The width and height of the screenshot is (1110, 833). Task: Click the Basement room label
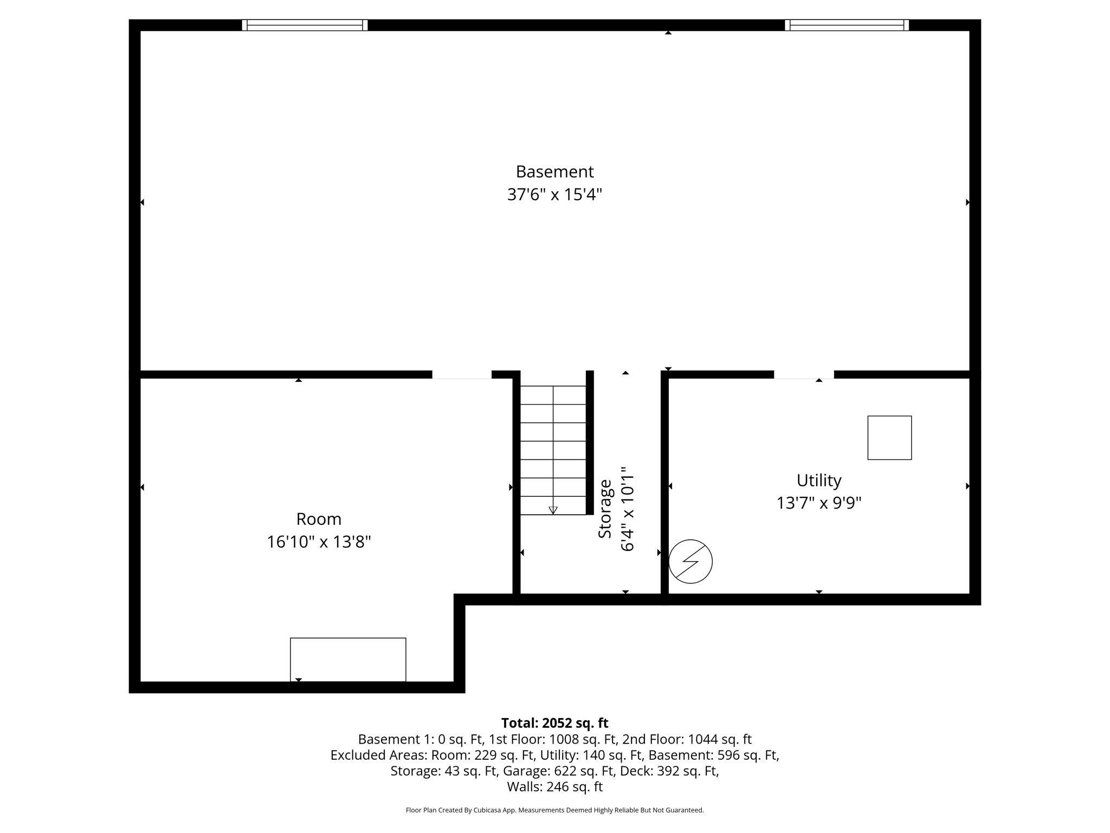click(554, 172)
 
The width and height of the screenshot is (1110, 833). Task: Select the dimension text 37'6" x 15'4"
click(554, 195)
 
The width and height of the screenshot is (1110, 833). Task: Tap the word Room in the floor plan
click(319, 520)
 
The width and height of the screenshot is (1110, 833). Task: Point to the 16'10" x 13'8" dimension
click(319, 542)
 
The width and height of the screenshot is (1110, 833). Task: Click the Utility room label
click(818, 480)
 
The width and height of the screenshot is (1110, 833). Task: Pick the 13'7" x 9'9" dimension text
click(818, 503)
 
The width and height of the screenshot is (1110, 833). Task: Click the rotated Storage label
click(605, 509)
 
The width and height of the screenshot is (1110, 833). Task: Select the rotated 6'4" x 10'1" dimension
click(627, 509)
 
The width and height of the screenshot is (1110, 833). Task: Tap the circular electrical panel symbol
click(690, 561)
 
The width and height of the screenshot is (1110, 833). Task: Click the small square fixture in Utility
click(889, 438)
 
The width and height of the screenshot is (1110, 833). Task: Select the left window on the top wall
click(305, 25)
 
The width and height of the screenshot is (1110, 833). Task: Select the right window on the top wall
click(847, 25)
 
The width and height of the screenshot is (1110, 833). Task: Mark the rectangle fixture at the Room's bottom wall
click(348, 659)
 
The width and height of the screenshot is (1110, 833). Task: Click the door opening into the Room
click(462, 375)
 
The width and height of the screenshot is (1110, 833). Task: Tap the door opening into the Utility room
click(803, 375)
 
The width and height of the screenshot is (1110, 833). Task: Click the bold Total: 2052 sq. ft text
click(554, 723)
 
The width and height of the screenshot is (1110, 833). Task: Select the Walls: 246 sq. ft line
click(554, 786)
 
